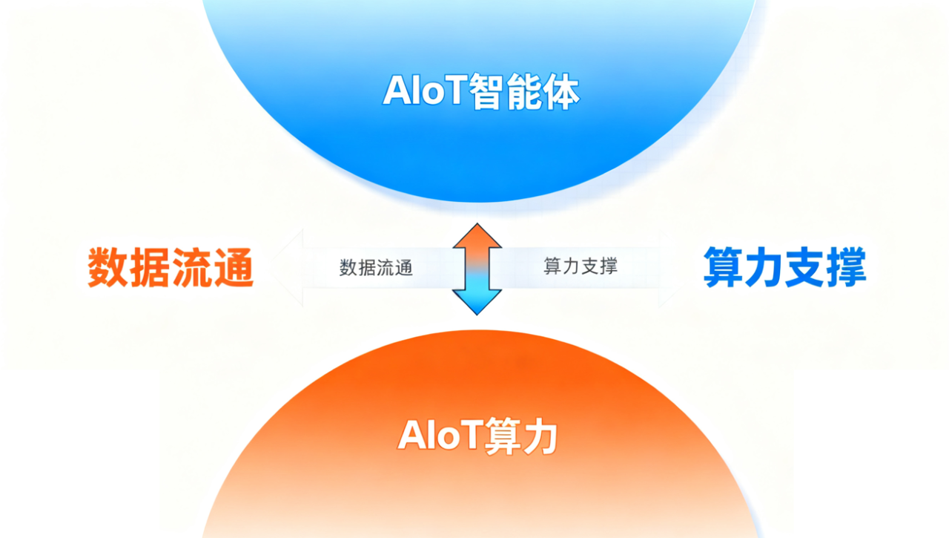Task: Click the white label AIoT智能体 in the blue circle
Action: [481, 91]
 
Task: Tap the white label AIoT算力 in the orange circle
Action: [477, 436]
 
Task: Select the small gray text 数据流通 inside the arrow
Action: [376, 268]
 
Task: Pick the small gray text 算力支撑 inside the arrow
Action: [581, 266]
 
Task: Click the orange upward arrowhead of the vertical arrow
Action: [477, 236]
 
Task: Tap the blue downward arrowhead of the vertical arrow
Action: [477, 302]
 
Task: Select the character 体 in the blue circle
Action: [561, 92]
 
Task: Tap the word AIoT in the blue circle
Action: [425, 90]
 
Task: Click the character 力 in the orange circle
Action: [539, 436]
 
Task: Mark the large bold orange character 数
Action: [108, 268]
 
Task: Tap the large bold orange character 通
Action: [234, 268]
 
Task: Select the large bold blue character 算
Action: [723, 267]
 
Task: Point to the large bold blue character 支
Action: [805, 267]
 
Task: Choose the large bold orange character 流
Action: [192, 268]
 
